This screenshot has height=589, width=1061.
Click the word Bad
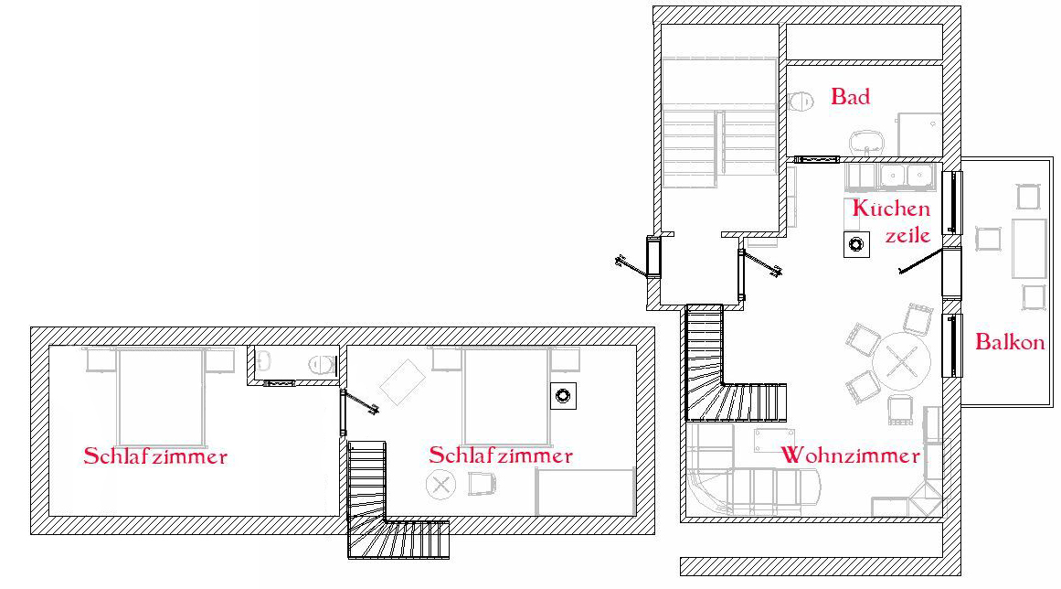[x=850, y=97]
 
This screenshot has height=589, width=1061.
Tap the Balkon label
[x=1010, y=342]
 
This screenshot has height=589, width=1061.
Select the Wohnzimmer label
[x=851, y=455]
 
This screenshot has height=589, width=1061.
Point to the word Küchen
[x=891, y=208]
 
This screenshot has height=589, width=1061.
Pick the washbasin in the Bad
[x=866, y=143]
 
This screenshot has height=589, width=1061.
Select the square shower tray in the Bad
[x=919, y=134]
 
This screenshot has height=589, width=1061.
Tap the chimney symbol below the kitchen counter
[x=856, y=243]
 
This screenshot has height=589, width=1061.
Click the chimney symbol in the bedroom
[x=563, y=396]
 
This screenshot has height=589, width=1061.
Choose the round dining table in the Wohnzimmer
[x=901, y=360]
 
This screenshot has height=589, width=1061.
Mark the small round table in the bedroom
[x=440, y=485]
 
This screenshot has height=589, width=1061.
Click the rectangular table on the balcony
[x=1028, y=249]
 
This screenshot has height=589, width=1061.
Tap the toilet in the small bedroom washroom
[x=323, y=365]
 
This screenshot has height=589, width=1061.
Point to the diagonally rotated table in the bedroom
[x=403, y=381]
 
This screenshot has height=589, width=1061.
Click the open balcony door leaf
[x=920, y=262]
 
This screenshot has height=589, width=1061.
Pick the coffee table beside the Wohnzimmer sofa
[x=774, y=440]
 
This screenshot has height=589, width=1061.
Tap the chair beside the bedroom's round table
[x=481, y=484]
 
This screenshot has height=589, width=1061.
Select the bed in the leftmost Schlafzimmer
[x=160, y=397]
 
